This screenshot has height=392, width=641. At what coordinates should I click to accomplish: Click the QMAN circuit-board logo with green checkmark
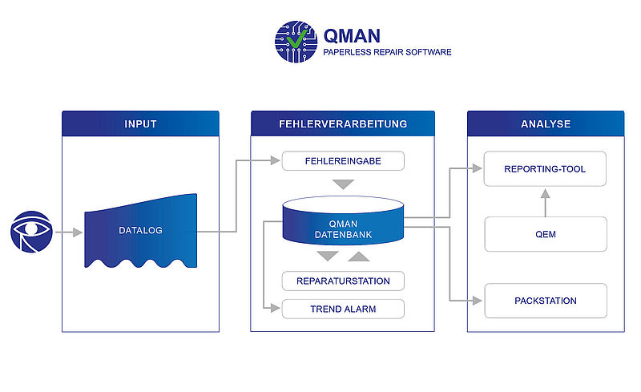tap(296, 42)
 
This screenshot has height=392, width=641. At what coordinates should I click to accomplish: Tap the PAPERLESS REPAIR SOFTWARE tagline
tap(387, 52)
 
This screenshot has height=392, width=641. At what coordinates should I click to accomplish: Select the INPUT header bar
tap(141, 123)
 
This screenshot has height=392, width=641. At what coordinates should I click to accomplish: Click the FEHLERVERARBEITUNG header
tap(343, 123)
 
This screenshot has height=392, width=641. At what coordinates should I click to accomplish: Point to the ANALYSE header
tap(546, 123)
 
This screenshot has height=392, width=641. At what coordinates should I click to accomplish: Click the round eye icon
tap(31, 232)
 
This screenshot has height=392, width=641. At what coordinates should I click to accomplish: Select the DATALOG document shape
tap(141, 231)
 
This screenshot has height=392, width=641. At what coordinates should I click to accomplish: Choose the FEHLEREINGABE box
tap(343, 161)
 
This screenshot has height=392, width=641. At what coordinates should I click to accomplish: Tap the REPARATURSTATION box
tap(343, 281)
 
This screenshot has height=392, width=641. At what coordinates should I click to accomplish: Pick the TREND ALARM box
tap(343, 309)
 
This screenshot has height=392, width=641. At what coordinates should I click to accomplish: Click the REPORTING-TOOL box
tap(545, 169)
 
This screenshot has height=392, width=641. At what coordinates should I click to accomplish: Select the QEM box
tap(546, 234)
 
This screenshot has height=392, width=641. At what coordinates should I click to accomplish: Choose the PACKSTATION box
tap(546, 301)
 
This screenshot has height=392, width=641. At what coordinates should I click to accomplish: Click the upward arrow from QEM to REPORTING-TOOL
tap(545, 203)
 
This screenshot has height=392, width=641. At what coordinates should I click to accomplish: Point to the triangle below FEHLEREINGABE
tap(343, 184)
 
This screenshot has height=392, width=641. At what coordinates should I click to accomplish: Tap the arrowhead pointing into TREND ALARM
tap(276, 308)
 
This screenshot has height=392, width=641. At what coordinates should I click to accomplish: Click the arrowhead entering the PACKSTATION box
tap(478, 301)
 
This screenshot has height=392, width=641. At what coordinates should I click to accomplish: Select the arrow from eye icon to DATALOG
tap(69, 232)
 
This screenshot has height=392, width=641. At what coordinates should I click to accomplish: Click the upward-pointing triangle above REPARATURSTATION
tap(358, 257)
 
